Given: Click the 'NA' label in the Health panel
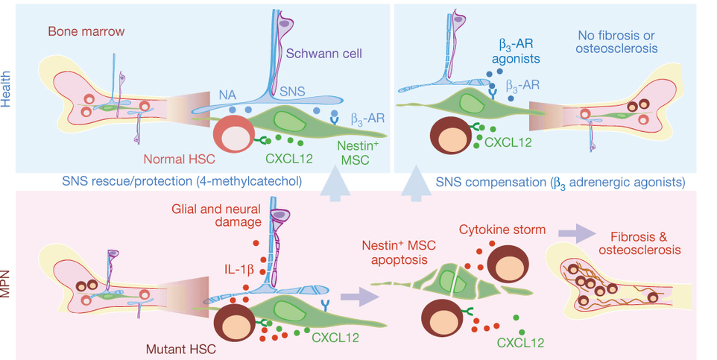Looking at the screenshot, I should (228, 95).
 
